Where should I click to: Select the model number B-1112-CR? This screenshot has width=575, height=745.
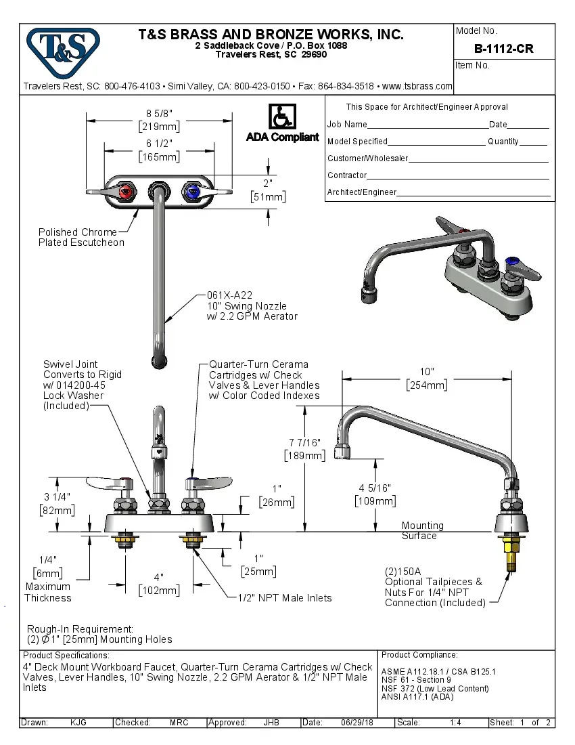point(503,49)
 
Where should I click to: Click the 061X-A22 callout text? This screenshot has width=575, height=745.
point(229,295)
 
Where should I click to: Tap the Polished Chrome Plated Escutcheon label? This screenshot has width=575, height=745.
point(81,237)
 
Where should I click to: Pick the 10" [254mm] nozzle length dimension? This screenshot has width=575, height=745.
point(426,379)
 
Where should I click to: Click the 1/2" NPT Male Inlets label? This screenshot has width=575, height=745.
point(284,597)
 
